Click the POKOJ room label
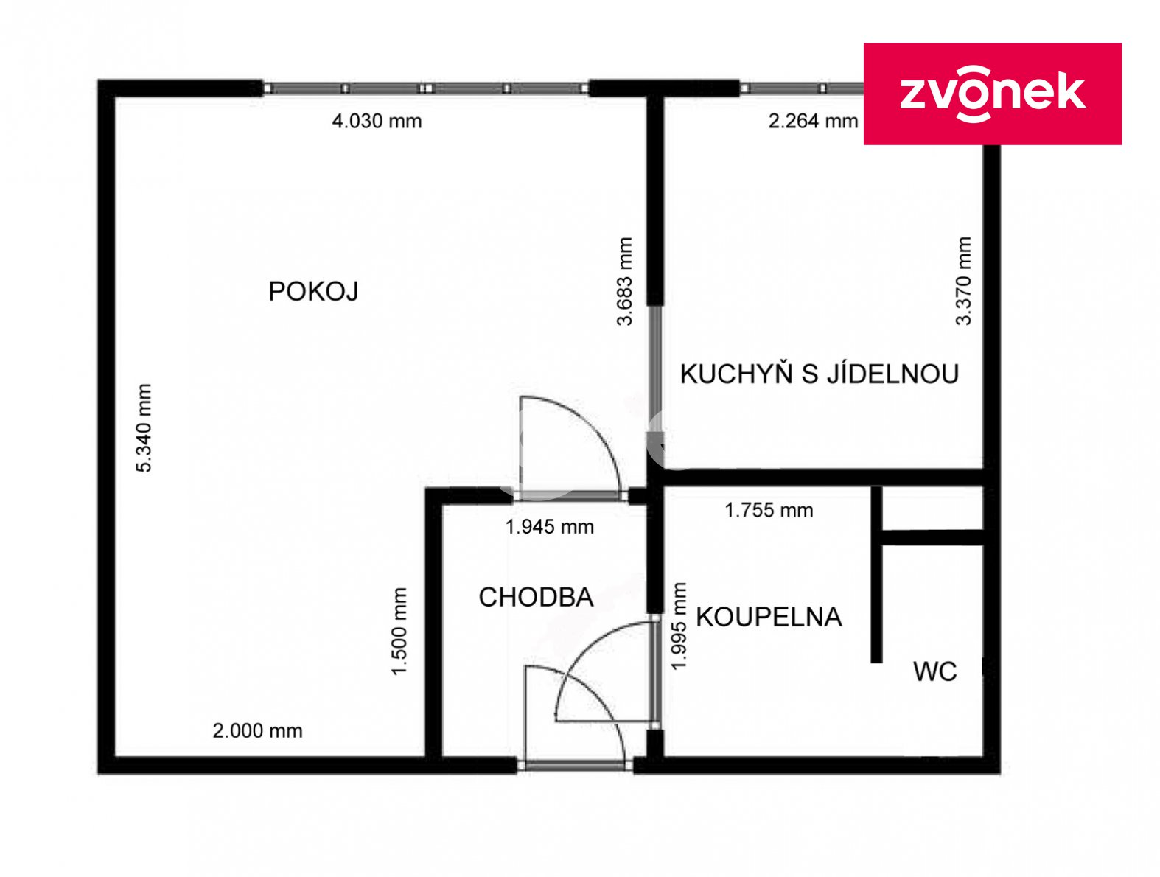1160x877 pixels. [311, 290]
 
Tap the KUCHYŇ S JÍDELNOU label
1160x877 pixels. [814, 371]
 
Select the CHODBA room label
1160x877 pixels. [532, 593]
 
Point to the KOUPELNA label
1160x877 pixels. [763, 613]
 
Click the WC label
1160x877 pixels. [928, 667]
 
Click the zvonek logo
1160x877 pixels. [985, 94]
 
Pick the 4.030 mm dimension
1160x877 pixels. [374, 120]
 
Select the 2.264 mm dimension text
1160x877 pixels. [807, 120]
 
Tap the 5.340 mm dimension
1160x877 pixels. [143, 424]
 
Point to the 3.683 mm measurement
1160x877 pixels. [620, 279]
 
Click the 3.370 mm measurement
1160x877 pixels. [957, 279]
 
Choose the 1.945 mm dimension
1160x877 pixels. [545, 523]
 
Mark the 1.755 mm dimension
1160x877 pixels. [763, 506]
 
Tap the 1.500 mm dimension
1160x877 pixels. [396, 626]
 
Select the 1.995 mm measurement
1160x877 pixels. [674, 622]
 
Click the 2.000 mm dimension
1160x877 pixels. [256, 725]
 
